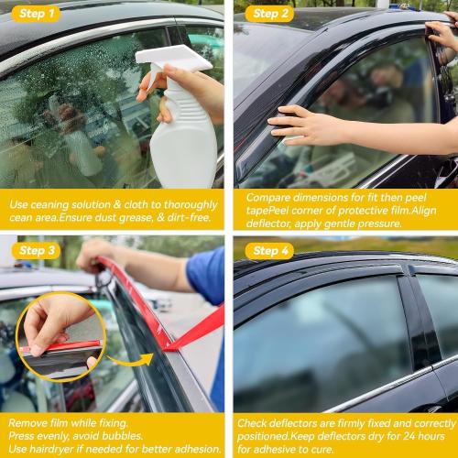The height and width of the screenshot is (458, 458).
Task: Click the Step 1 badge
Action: coord(37,13)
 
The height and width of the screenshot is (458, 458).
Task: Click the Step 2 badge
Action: coord(271,13)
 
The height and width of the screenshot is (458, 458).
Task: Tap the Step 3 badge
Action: coord(37,250)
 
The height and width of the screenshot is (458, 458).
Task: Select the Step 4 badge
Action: coord(271,250)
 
